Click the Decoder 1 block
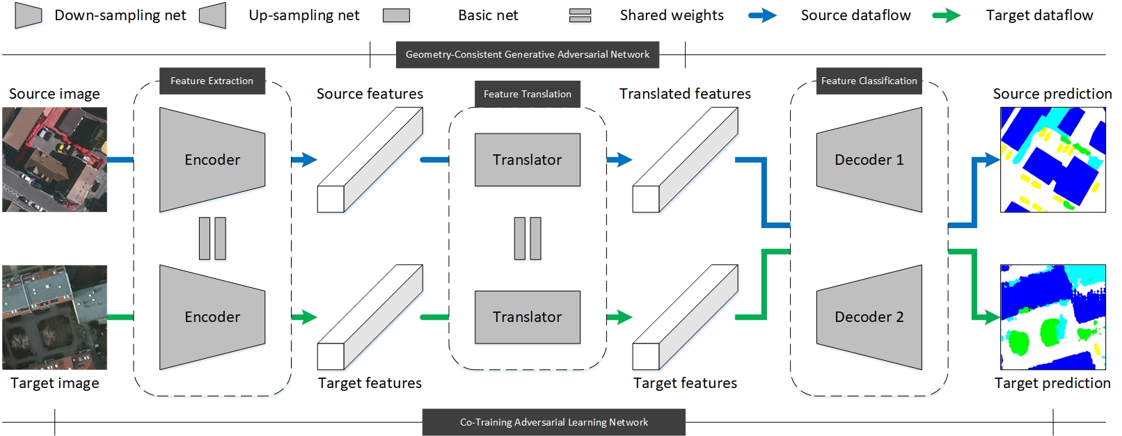[x=869, y=159]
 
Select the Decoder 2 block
[x=869, y=316]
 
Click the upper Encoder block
[x=212, y=159]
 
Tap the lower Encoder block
[x=212, y=316]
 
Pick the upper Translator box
[x=527, y=159]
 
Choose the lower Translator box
[x=527, y=316]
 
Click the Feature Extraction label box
[x=212, y=81]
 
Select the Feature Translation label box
[x=527, y=94]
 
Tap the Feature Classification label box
[x=869, y=81]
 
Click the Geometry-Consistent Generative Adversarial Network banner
[x=527, y=54]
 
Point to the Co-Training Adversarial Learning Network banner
[x=553, y=422]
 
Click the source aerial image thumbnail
[x=54, y=159]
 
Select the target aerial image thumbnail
[x=54, y=316]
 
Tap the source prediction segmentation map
[x=1052, y=159]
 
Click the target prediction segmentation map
[x=1052, y=316]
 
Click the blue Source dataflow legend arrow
[x=762, y=15]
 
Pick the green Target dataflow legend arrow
[x=946, y=15]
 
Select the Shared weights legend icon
[x=580, y=15]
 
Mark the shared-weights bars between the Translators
[x=527, y=238]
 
